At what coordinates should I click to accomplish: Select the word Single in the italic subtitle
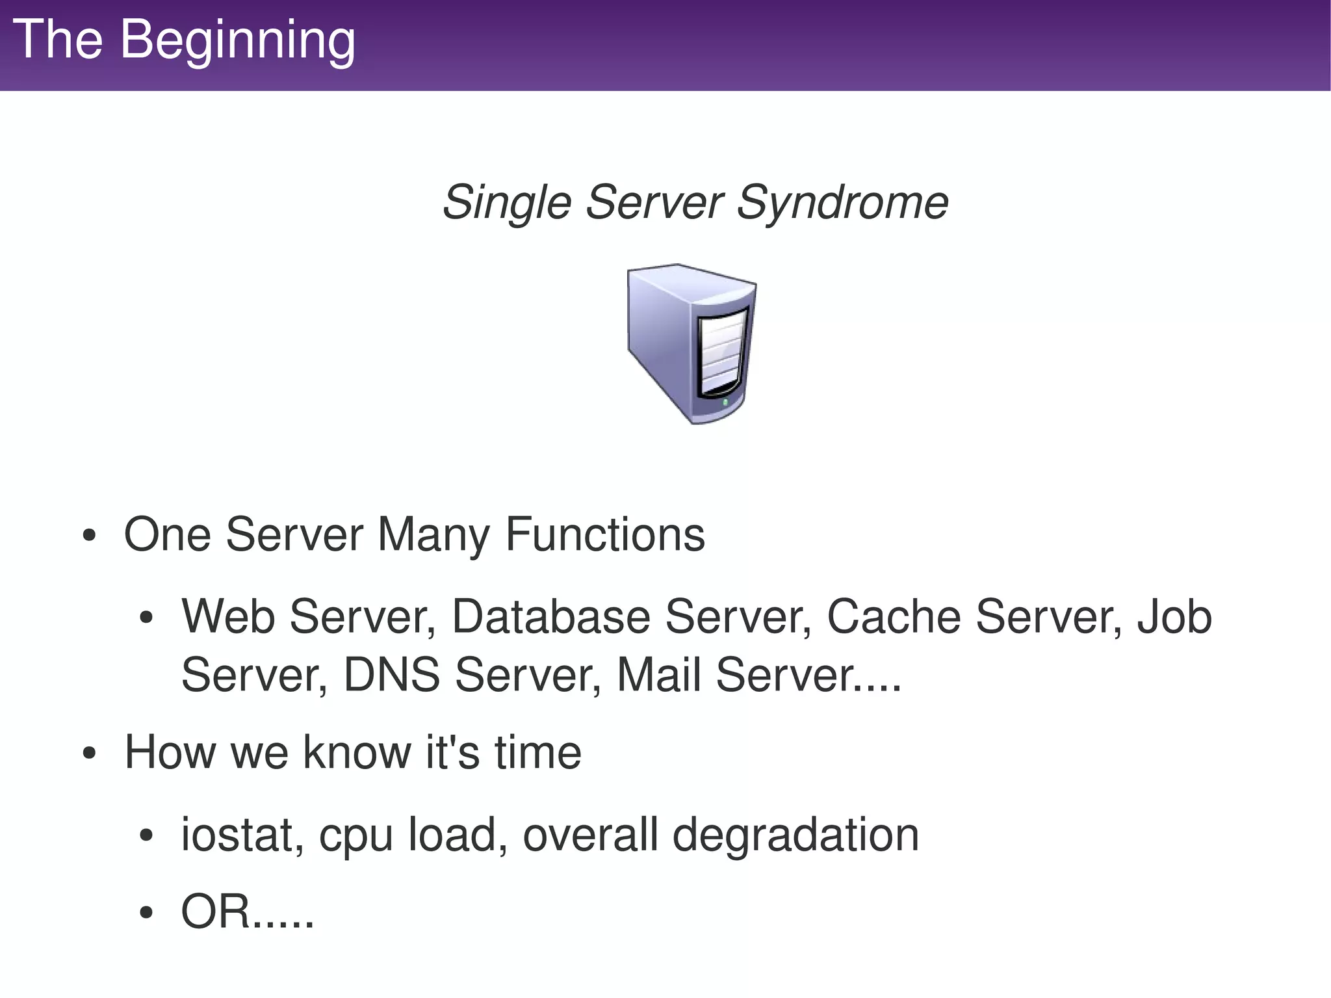[x=506, y=202]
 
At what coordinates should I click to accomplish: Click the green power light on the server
[x=726, y=403]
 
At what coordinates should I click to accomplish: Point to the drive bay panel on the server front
[x=721, y=354]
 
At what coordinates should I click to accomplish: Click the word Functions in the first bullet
[x=604, y=534]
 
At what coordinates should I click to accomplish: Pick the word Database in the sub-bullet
[x=550, y=616]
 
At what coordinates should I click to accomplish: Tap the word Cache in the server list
[x=893, y=616]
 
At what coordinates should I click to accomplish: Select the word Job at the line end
[x=1174, y=616]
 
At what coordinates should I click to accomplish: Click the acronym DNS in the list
[x=391, y=675]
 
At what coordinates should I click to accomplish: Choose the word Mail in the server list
[x=658, y=675]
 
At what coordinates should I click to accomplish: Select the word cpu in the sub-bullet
[x=355, y=835]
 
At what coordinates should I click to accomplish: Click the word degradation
[x=795, y=835]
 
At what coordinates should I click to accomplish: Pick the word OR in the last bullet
[x=215, y=912]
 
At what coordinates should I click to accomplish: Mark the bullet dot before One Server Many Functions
[x=90, y=536]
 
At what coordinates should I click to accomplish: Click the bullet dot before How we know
[x=90, y=754]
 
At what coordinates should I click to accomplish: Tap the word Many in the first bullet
[x=433, y=534]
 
